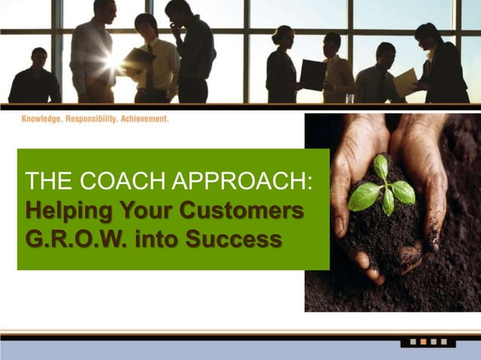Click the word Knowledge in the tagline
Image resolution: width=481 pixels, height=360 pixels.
click(x=42, y=119)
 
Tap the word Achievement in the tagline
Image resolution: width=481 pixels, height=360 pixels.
click(x=146, y=119)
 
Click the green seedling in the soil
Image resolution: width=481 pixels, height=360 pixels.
click(x=382, y=188)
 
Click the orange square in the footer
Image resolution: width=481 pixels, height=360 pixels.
click(x=423, y=342)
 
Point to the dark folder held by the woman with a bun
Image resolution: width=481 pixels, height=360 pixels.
click(x=312, y=75)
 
